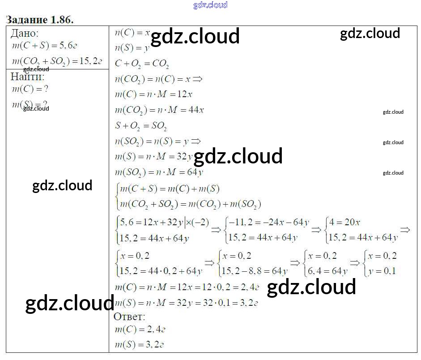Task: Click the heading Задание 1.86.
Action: (x=39, y=20)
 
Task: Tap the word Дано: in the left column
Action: (x=25, y=33)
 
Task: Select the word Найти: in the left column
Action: (x=27, y=76)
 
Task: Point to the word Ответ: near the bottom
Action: (x=129, y=317)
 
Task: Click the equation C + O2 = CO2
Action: (x=142, y=64)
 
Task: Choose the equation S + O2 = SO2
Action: (x=141, y=125)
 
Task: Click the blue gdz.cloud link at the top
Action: (x=210, y=5)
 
